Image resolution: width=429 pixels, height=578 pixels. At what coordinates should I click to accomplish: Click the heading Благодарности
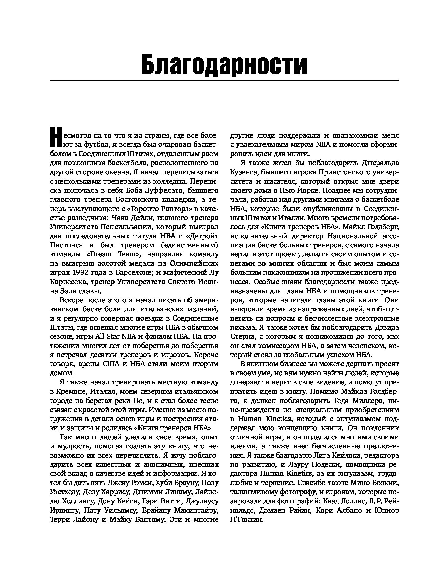point(224,63)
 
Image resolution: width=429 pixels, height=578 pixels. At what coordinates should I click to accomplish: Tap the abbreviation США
point(109,364)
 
